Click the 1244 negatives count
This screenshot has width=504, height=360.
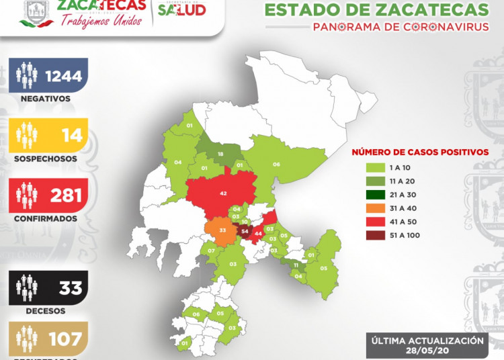[x=62, y=75]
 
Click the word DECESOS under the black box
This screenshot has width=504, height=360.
[x=46, y=311]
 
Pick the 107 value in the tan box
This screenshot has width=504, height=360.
[x=66, y=339]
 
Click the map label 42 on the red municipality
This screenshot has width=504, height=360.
[x=223, y=193]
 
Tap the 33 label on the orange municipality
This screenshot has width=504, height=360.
[x=222, y=231]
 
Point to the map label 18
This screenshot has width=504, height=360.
[x=220, y=154]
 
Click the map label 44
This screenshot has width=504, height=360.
[x=258, y=234]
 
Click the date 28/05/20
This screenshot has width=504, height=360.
[x=427, y=350]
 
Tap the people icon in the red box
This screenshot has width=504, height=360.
[x=27, y=195]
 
